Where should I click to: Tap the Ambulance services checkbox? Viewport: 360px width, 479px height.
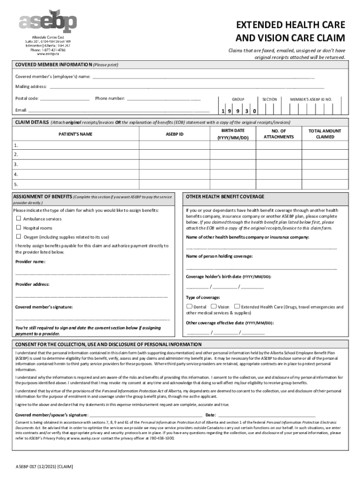(19, 218)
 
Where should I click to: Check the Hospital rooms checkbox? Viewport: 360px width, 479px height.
(19, 228)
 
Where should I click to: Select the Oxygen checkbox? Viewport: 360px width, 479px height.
(19, 237)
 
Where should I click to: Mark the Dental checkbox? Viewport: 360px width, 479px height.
(189, 307)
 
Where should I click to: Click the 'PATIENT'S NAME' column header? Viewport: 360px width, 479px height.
(75, 134)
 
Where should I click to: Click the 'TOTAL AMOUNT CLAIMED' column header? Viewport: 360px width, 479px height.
(325, 134)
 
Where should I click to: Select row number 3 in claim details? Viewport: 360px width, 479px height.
(16, 164)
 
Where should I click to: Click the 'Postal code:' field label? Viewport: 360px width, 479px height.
(27, 99)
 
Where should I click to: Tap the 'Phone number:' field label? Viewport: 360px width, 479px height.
(110, 99)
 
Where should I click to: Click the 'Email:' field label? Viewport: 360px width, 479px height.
(21, 110)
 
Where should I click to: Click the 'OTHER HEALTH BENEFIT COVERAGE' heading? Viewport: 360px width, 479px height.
(225, 196)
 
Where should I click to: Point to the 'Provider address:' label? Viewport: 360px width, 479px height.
(32, 284)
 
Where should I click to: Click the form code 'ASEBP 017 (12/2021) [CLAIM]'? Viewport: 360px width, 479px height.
(44, 467)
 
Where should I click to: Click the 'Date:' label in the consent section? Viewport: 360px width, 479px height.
(210, 415)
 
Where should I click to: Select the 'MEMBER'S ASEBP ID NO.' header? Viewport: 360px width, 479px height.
(311, 99)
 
